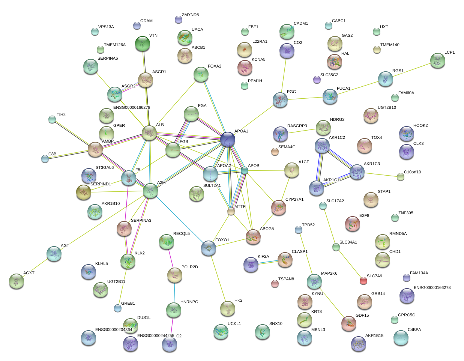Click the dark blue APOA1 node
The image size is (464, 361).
click(228, 139)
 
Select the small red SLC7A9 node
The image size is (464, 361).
click(363, 280)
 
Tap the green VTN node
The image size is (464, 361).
click(143, 44)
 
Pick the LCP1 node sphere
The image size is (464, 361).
click(437, 60)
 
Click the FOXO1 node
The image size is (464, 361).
click(209, 248)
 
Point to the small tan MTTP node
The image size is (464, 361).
click(231, 212)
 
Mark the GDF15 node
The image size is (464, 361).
click(349, 323)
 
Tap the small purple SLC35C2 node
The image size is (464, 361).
click(317, 79)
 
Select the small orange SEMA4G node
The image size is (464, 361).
click(275, 152)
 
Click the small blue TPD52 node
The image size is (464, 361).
click(298, 230)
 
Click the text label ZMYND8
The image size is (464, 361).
click(190, 15)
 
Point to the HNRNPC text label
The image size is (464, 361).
click(189, 302)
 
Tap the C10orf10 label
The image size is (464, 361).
click(412, 172)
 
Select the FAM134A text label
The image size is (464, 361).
click(419, 273)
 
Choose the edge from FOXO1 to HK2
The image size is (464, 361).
click(218, 278)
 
